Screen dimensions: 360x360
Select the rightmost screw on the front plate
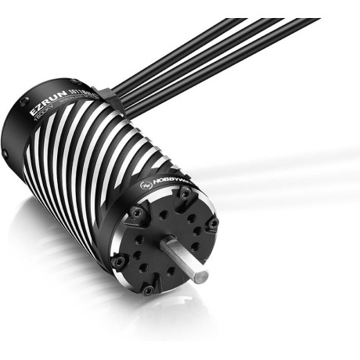[212, 225]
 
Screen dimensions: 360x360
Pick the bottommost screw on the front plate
[149, 290]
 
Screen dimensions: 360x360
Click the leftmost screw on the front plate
[119, 261]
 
